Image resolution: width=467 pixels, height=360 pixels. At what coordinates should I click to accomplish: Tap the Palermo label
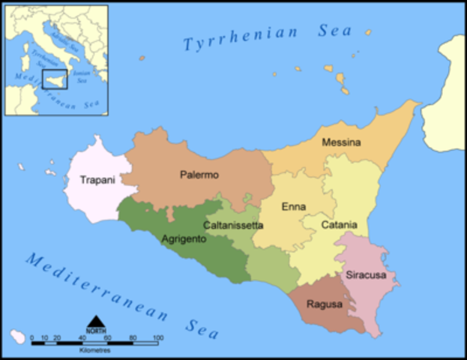tap(199, 175)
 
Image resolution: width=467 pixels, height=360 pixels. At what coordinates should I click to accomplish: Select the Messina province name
tap(341, 142)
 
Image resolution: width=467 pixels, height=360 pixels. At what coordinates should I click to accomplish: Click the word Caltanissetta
tap(233, 225)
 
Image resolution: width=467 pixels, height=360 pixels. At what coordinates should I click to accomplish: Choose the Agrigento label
tap(184, 240)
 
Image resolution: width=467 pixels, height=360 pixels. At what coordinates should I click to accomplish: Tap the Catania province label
tap(340, 225)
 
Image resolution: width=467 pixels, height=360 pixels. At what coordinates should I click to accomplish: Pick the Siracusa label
tap(366, 275)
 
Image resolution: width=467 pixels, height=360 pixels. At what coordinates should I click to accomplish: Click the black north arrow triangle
tap(95, 322)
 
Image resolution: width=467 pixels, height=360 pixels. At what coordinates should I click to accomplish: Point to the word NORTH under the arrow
tap(95, 331)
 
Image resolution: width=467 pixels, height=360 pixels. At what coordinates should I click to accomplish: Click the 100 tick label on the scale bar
tap(158, 338)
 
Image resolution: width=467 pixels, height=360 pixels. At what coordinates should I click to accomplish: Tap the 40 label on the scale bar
tap(82, 338)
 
